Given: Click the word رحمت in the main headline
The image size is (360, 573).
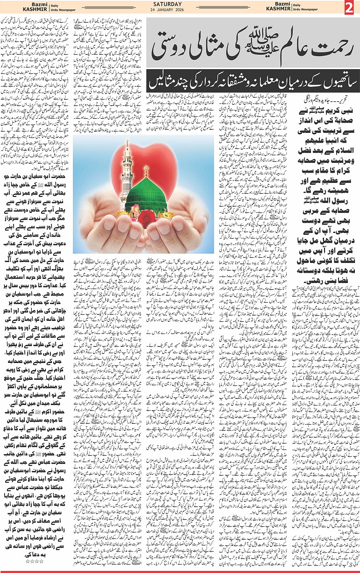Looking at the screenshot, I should (323, 46).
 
